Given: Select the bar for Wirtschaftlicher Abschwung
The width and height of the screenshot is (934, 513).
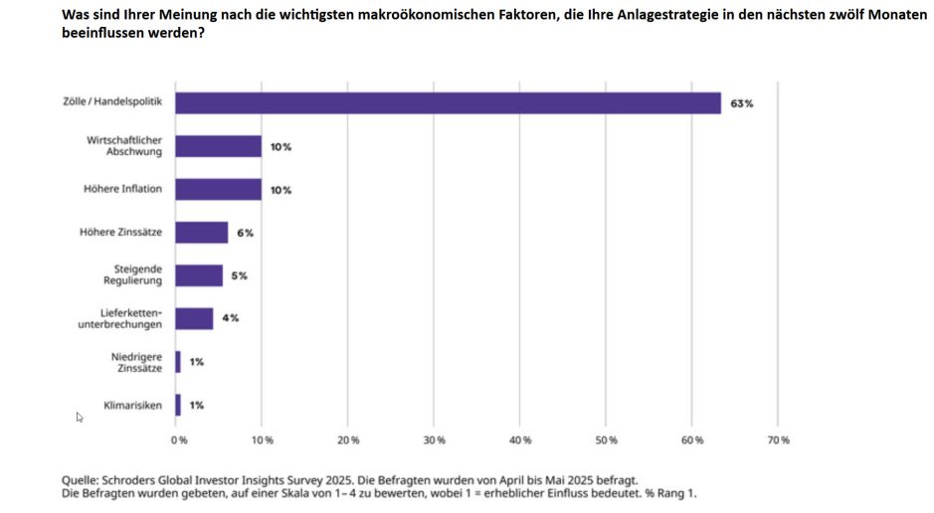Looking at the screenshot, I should point(219,146).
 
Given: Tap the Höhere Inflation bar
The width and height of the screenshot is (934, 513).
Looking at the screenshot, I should point(219,189).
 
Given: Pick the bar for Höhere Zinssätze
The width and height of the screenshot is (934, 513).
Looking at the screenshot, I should point(202,233).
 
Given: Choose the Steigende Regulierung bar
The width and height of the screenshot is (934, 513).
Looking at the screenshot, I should point(199,275).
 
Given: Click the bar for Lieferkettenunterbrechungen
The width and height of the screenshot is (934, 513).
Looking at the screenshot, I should point(195,318).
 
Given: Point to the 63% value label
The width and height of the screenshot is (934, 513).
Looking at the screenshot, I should point(741,103).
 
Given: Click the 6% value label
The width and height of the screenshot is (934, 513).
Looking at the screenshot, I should point(246,233).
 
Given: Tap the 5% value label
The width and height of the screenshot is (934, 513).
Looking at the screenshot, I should point(240,275).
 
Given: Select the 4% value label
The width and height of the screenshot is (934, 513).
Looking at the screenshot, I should point(231,318).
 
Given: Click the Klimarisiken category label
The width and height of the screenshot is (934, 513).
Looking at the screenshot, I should point(134,405).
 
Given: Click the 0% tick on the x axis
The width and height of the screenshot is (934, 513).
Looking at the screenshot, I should point(179,439).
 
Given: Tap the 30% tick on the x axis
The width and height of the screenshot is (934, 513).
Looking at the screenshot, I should point(435,439).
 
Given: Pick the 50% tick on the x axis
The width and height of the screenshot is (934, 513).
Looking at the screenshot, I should point(606,439).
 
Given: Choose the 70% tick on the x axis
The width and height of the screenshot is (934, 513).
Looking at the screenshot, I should point(778,439).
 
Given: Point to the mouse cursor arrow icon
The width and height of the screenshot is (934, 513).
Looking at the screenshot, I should point(80,418).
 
